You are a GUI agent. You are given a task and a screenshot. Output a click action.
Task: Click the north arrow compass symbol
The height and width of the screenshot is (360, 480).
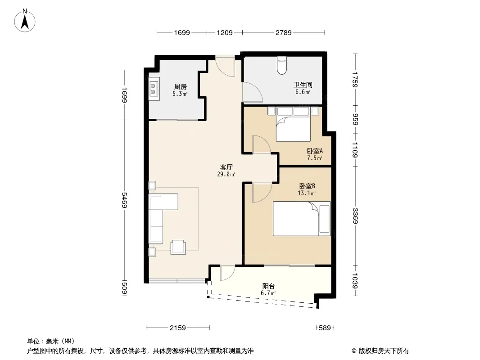pos(25,21)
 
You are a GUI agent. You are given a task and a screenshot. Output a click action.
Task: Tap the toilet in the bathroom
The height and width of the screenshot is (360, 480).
pos(282,65)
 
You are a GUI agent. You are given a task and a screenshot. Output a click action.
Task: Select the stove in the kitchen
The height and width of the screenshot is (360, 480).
pos(154,87)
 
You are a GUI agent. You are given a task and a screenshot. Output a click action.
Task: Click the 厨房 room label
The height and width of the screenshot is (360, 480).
pos(180,86)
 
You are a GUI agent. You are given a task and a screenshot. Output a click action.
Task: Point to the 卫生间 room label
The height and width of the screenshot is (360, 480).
pos(303,85)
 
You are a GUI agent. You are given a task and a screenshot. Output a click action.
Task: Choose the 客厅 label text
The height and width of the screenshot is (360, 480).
pos(226,167)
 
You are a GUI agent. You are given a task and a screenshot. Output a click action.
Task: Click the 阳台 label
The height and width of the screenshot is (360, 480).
pos(268,286)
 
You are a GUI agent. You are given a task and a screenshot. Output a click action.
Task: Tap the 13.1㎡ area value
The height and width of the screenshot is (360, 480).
pos(307,193)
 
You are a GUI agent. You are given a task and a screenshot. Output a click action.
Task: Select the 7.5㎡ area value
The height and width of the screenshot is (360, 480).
pos(315,158)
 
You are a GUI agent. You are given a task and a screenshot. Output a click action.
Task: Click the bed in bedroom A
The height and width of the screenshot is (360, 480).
pos(293,124)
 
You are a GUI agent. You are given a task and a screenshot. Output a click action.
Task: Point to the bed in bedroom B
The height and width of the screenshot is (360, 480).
pos(302,218)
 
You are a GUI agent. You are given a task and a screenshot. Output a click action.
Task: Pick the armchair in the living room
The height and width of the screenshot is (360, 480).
pos(178,247)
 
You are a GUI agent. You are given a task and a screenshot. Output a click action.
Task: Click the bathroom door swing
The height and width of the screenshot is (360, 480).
pos(252,92)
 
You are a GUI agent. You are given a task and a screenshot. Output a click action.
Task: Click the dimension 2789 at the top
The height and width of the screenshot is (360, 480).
pos(284,32)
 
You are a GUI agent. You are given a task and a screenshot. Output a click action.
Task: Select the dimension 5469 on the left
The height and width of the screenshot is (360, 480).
pos(124,200)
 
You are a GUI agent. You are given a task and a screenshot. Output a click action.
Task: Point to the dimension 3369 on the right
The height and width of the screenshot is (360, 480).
pos(355,216)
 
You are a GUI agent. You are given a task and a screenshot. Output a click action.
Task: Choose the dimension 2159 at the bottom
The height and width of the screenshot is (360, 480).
pos(178,328)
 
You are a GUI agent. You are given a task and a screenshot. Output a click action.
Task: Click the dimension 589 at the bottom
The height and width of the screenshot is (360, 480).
pos(325,328)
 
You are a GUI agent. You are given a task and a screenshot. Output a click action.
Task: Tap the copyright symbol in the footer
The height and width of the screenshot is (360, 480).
pos(354,351)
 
